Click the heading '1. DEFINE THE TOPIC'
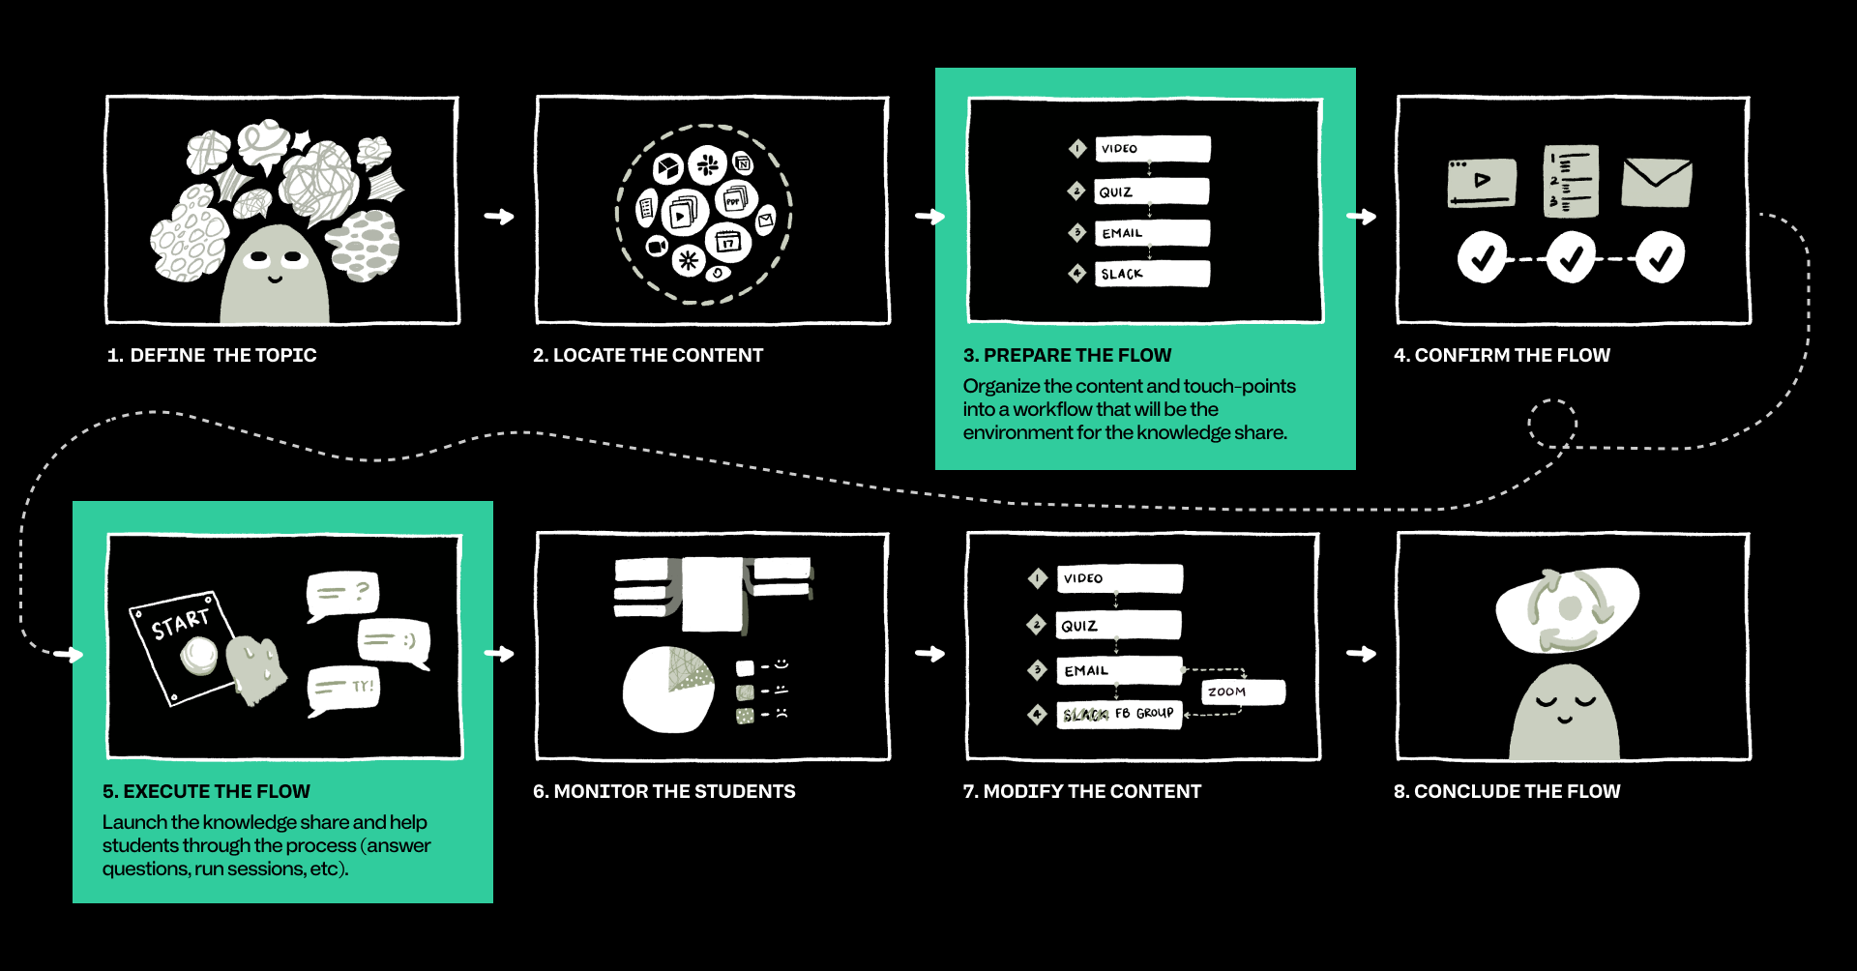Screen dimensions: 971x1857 click(212, 355)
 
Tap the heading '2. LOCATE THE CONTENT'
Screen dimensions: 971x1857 click(648, 355)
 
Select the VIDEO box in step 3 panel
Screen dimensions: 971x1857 click(1152, 149)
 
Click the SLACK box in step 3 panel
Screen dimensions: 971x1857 click(1152, 274)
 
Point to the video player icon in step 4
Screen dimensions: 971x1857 click(1482, 182)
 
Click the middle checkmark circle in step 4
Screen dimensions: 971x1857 click(1571, 257)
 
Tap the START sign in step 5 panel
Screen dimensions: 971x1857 click(181, 646)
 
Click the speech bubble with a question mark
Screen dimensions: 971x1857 click(342, 594)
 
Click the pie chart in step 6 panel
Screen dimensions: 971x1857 click(667, 690)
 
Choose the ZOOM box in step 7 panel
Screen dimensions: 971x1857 click(1243, 691)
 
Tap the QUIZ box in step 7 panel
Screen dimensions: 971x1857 click(1119, 626)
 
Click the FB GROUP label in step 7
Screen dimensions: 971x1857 click(1144, 714)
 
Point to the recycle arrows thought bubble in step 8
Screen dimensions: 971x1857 click(1567, 609)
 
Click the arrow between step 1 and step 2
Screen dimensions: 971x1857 click(499, 217)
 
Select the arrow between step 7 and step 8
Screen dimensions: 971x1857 click(1361, 654)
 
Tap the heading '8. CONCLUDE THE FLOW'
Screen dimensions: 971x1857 click(1507, 791)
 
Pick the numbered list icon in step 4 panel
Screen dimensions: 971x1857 click(1571, 181)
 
